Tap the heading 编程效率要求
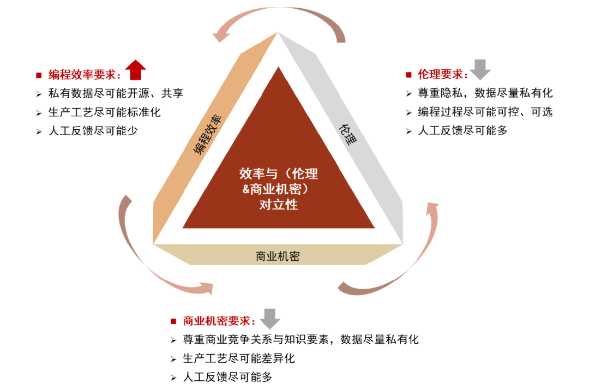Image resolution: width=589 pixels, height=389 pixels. click(85, 75)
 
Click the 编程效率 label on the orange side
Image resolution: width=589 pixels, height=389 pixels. click(207, 135)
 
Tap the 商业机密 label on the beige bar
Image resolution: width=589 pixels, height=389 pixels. click(278, 256)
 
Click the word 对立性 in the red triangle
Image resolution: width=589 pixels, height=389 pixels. click(279, 205)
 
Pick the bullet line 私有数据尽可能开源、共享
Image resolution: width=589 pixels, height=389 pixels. click(116, 93)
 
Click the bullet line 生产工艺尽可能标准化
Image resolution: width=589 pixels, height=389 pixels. click(104, 112)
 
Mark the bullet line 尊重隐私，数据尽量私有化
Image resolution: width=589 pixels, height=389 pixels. click(485, 93)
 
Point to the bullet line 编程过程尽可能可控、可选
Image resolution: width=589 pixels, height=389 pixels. click(485, 112)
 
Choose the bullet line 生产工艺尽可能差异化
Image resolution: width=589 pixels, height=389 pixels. click(239, 358)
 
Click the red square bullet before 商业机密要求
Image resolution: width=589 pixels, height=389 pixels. click(173, 321)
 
